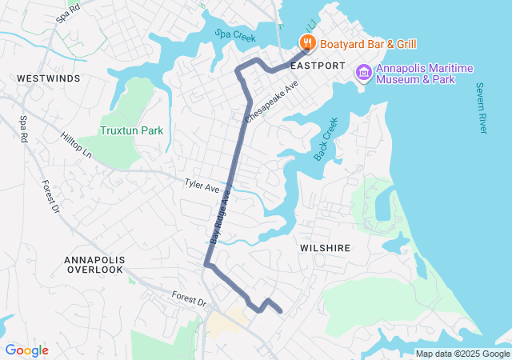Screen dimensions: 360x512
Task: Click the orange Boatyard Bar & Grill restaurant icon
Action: [x=306, y=42]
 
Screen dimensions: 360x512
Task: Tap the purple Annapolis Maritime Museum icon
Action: [x=364, y=73]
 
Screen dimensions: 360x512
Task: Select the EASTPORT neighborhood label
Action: [x=318, y=65]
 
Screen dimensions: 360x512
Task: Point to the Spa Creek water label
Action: [x=234, y=35]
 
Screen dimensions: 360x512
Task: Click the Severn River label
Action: [x=481, y=108]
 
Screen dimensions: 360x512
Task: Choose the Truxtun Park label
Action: [x=131, y=130]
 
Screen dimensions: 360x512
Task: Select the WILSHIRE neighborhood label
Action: [x=325, y=248]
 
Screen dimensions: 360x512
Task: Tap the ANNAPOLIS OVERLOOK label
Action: [x=94, y=265]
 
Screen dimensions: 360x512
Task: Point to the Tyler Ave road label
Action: [x=202, y=187]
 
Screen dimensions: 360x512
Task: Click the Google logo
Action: [x=26, y=350]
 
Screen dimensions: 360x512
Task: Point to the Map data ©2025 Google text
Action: [x=462, y=354]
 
